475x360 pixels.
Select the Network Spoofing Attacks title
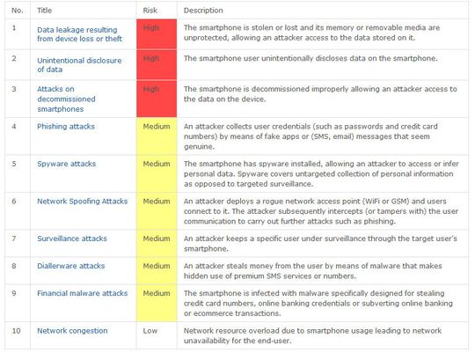point(82,201)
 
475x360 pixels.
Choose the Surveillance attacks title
point(71,238)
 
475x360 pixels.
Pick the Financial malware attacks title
point(82,292)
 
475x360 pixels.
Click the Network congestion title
point(72,330)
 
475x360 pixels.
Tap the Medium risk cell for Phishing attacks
point(157,126)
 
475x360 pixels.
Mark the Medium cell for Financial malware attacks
point(157,292)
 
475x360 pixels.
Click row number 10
point(15,330)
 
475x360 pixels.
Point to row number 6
point(13,201)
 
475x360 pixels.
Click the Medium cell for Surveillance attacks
point(157,238)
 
